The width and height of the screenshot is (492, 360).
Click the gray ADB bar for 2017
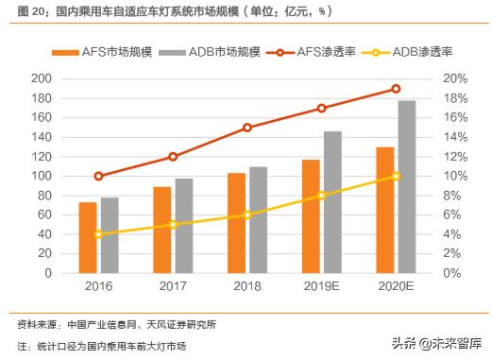183,226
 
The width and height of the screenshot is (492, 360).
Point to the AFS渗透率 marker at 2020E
396,89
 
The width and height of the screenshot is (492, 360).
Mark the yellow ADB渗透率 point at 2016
98,233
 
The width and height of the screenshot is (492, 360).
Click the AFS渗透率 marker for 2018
247,128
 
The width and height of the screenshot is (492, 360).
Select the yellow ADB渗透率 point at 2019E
321,196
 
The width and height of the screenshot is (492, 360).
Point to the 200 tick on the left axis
41,78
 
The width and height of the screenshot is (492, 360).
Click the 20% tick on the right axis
454,78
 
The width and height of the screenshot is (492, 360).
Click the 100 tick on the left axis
41,176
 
